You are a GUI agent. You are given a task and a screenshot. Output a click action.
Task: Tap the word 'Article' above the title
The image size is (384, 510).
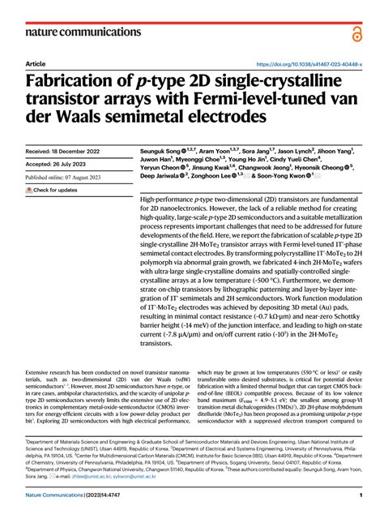coord(36,62)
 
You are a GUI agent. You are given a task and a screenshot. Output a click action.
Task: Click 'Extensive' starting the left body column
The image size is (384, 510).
coord(42,371)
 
